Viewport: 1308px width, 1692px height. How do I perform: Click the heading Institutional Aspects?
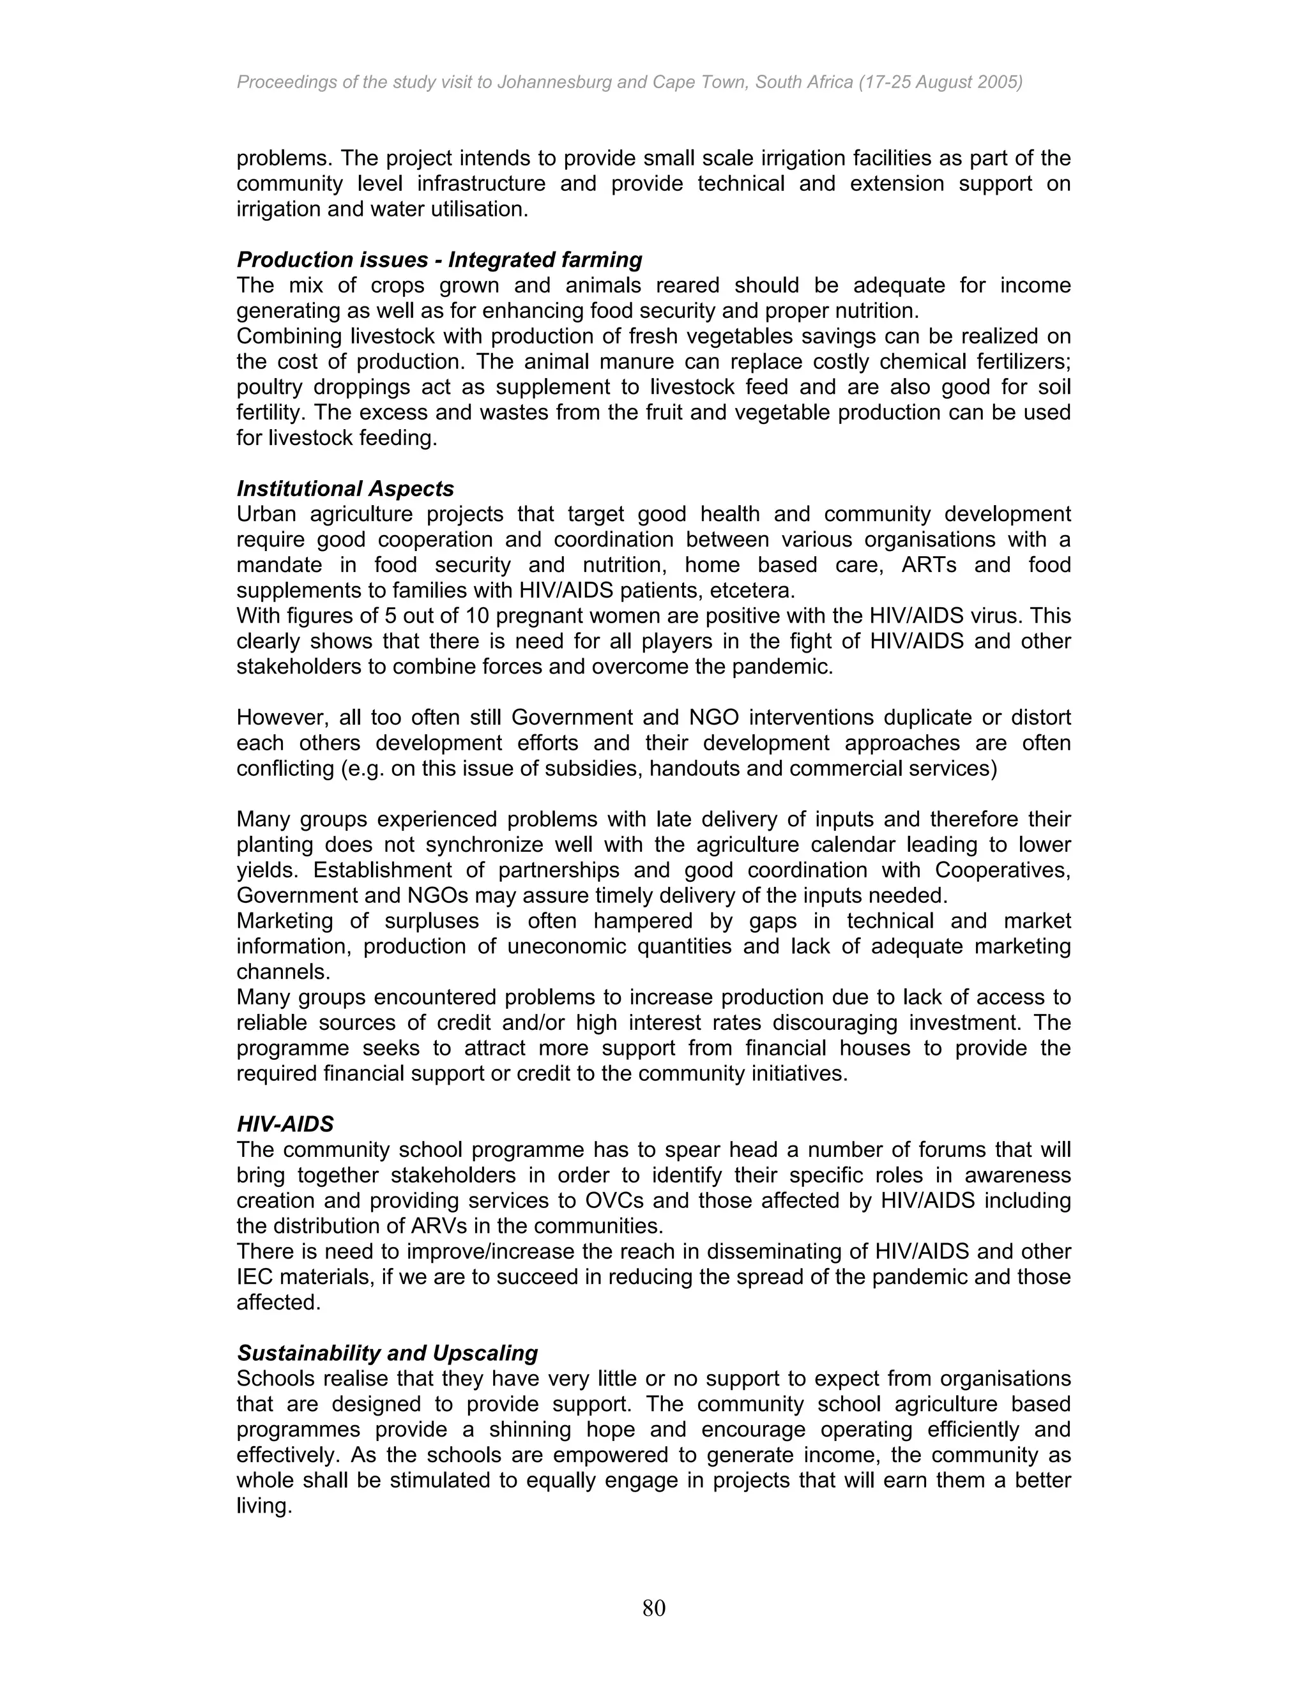coord(345,489)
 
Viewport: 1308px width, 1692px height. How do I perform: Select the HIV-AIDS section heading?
coord(284,1123)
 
